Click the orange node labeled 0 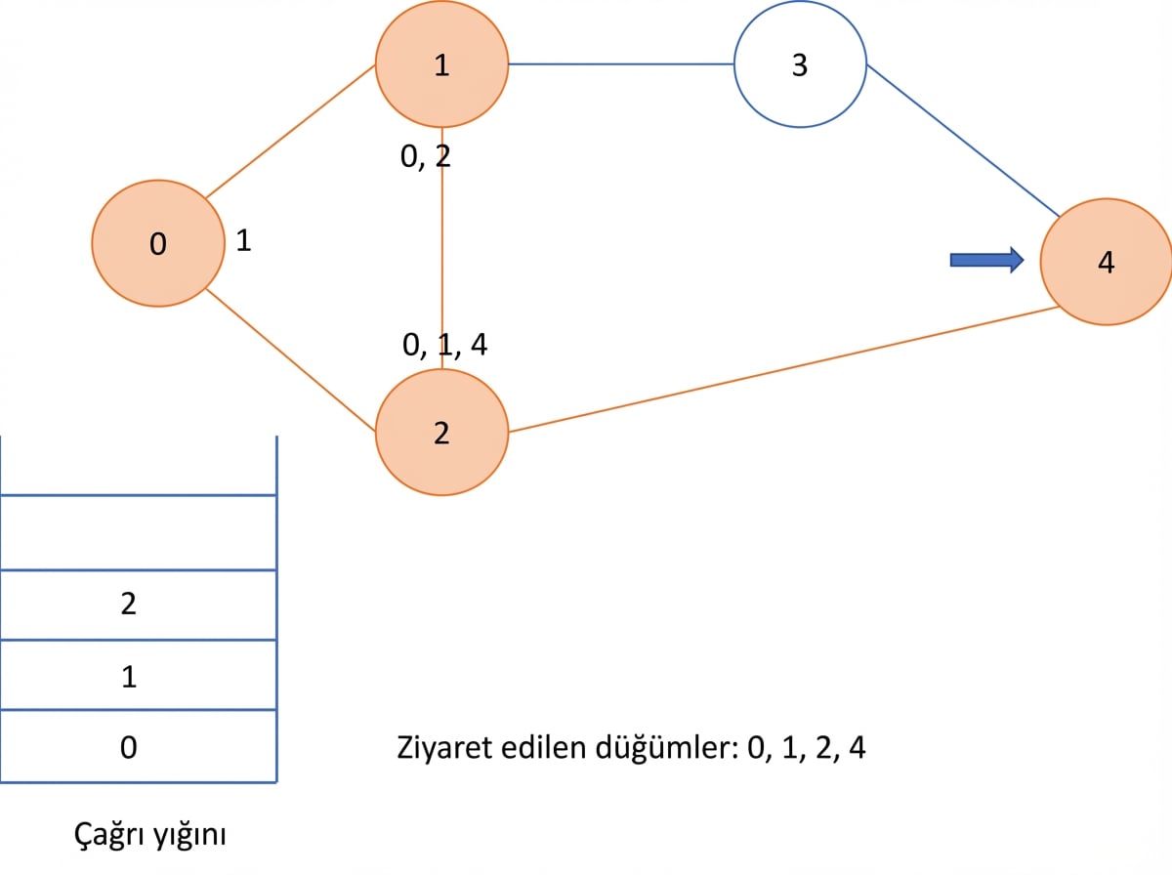click(x=158, y=243)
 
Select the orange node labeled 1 click(x=442, y=64)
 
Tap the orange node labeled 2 click(x=442, y=433)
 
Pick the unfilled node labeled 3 click(x=800, y=64)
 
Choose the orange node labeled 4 click(x=1107, y=262)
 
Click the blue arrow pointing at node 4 click(x=986, y=260)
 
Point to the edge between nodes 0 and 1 click(x=290, y=131)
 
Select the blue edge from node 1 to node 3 click(x=621, y=64)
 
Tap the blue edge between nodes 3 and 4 click(x=963, y=141)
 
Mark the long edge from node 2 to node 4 click(x=784, y=369)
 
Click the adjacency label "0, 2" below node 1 click(x=426, y=157)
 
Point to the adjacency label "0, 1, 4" click(x=444, y=345)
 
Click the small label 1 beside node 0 click(x=243, y=241)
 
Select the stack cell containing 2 click(x=139, y=604)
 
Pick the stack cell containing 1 click(x=139, y=675)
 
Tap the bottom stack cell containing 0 click(x=139, y=746)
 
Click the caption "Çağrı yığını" click(x=150, y=834)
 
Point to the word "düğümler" click(x=667, y=747)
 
